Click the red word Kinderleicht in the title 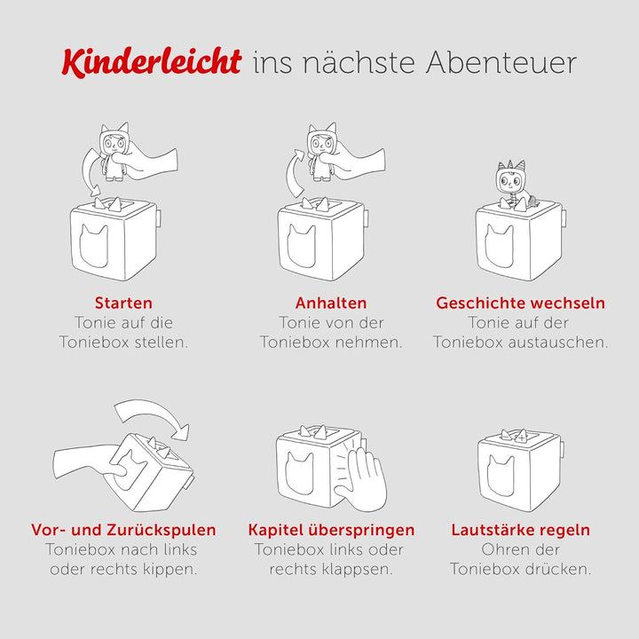click(x=151, y=62)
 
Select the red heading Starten click(x=123, y=303)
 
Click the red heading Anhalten click(x=330, y=303)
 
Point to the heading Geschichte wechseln click(x=520, y=303)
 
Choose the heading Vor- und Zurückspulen click(x=123, y=530)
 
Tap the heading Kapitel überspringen click(x=331, y=530)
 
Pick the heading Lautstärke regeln click(x=520, y=530)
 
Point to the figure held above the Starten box click(x=114, y=152)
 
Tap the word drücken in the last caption click(x=558, y=569)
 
